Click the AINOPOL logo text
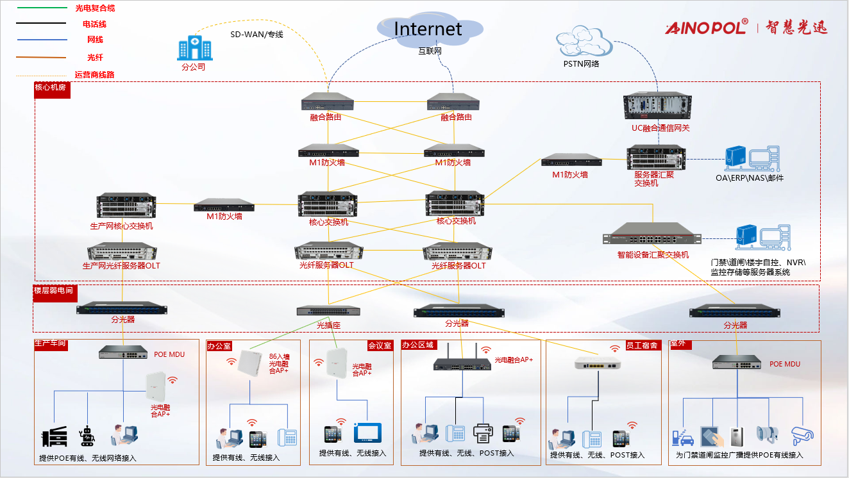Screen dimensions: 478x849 tap(706, 27)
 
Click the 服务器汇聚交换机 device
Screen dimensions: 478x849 tap(656, 158)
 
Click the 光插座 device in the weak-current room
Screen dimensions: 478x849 tap(328, 311)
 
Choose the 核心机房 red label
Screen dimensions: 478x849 tap(51, 88)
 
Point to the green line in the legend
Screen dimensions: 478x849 tap(42, 8)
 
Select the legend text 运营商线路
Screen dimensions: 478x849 tap(94, 75)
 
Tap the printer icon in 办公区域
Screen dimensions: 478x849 tap(483, 434)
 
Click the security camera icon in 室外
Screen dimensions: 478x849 tap(802, 435)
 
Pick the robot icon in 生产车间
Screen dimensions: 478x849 tap(87, 436)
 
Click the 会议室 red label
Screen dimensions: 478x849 tap(380, 345)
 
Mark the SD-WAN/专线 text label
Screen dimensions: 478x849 tap(256, 35)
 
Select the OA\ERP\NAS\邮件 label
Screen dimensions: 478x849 tap(750, 178)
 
